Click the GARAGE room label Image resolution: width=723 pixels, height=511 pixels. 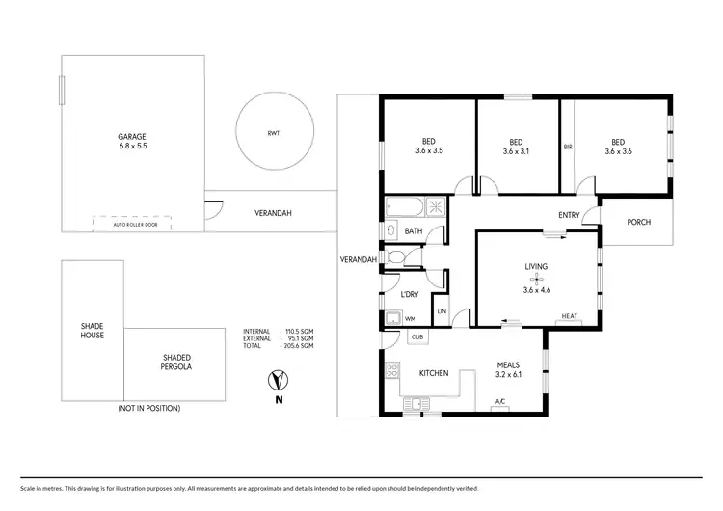pos(132,141)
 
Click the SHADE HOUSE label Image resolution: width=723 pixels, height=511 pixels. pos(92,331)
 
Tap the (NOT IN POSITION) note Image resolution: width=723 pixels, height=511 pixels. pos(148,408)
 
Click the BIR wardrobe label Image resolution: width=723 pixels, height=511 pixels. pos(568,148)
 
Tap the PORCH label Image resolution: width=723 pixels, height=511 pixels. pos(638,222)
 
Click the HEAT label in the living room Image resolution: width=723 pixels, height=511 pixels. pos(569,317)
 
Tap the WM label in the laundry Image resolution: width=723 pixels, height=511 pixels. pos(410,319)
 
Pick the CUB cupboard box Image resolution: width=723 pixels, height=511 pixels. pos(417,336)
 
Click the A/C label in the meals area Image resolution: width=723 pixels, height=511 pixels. pos(500,401)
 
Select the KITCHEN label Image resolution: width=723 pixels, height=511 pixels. pos(433,372)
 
